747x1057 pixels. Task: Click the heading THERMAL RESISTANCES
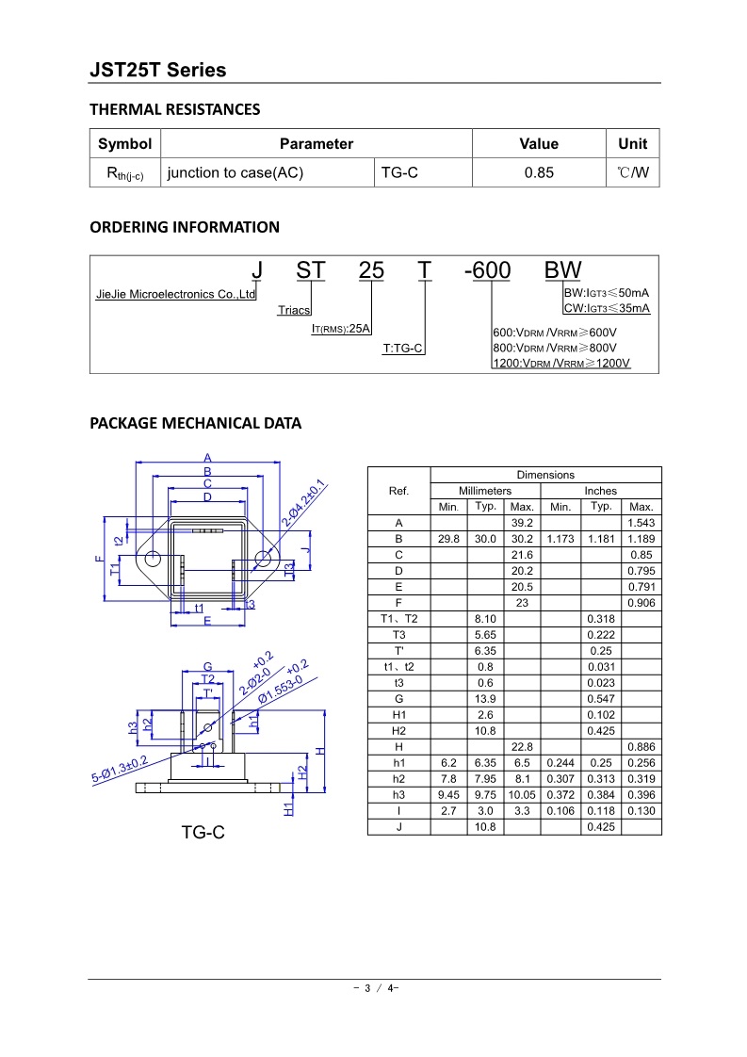click(x=174, y=109)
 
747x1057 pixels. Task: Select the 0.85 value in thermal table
click(x=539, y=172)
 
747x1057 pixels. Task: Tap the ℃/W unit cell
click(x=633, y=172)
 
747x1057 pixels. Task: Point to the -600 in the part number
click(x=488, y=271)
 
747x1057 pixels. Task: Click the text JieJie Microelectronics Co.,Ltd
click(x=176, y=295)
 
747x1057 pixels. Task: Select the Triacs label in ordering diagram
click(x=294, y=310)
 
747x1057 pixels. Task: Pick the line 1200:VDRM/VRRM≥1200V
click(x=561, y=364)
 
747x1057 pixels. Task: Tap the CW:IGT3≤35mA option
click(x=607, y=308)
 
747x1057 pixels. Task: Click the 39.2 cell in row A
click(x=522, y=523)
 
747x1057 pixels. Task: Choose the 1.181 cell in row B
click(x=600, y=539)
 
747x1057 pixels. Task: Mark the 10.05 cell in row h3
click(x=522, y=795)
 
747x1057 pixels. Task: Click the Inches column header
click(x=600, y=491)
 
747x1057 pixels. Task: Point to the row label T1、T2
click(x=398, y=619)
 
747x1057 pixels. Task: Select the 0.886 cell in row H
click(x=641, y=747)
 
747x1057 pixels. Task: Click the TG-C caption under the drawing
click(x=203, y=833)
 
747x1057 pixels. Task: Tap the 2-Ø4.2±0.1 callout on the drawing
click(x=304, y=503)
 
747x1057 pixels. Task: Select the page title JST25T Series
click(x=157, y=70)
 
